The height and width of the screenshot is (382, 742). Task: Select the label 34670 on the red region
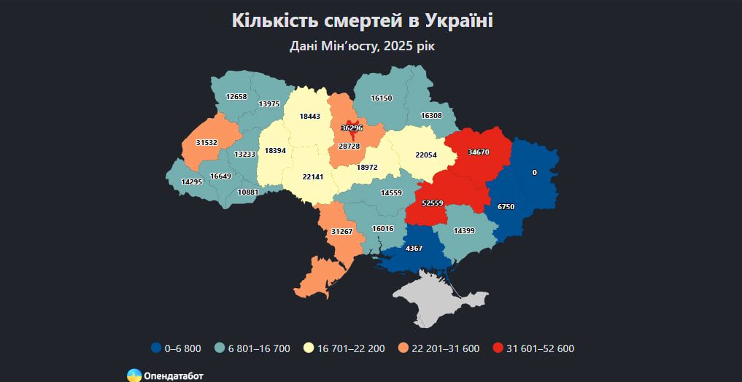click(x=479, y=152)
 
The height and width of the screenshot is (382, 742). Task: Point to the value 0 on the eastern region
click(x=534, y=173)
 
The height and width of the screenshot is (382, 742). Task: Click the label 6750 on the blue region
click(x=506, y=207)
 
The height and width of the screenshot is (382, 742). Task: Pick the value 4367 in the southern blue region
click(x=414, y=248)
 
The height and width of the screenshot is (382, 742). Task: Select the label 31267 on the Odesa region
click(x=342, y=232)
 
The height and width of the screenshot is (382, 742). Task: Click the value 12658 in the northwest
click(x=236, y=97)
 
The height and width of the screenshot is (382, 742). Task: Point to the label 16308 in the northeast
click(x=431, y=116)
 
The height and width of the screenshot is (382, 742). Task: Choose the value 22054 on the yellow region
click(x=426, y=155)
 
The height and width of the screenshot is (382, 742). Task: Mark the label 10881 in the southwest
click(x=248, y=192)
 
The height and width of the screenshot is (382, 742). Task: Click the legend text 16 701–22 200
click(x=351, y=348)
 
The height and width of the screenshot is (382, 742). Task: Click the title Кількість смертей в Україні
click(x=363, y=20)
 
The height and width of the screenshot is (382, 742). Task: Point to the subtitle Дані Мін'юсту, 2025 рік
click(x=363, y=46)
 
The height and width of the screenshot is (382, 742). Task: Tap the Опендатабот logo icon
click(x=134, y=375)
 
